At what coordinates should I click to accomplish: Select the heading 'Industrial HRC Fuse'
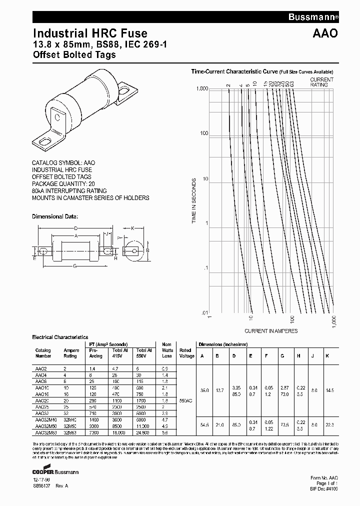(90, 33)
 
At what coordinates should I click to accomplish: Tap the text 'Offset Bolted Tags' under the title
(74, 54)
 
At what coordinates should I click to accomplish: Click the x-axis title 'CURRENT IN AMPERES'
(271, 331)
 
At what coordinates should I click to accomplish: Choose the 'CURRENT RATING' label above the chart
(321, 82)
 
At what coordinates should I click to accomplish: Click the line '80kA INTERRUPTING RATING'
(69, 191)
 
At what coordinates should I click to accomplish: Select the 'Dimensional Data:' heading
(55, 216)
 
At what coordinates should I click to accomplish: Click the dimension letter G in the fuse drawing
(74, 266)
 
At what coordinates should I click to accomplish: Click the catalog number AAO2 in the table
(40, 367)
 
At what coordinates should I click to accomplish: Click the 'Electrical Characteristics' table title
(60, 337)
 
